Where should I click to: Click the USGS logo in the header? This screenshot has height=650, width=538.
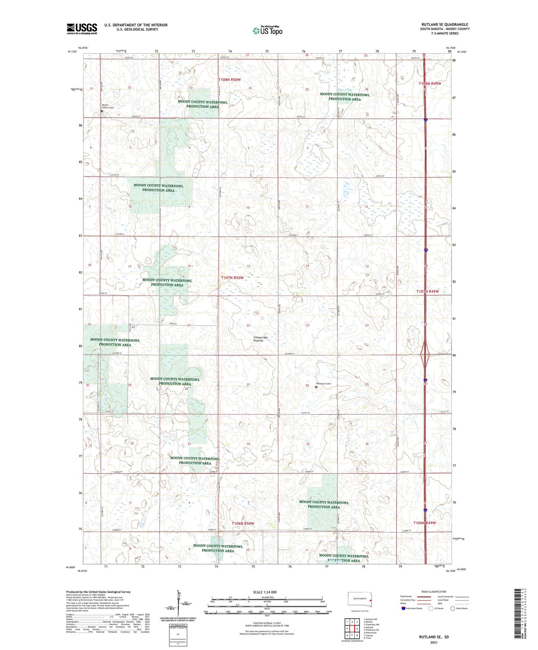82,29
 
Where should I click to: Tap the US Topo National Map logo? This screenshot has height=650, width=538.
267,30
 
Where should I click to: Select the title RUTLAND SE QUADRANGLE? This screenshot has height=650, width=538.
445,24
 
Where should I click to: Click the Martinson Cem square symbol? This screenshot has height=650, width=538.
316,387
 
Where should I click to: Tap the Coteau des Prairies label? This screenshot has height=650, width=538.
258,339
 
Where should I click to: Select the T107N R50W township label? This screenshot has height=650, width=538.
232,278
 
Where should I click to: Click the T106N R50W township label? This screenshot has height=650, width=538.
243,523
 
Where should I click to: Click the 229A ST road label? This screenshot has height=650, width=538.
172,324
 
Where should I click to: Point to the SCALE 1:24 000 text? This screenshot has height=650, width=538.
265,592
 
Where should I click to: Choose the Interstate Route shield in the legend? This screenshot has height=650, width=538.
404,608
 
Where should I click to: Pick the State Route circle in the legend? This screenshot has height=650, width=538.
453,608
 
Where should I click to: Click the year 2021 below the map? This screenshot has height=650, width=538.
433,643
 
